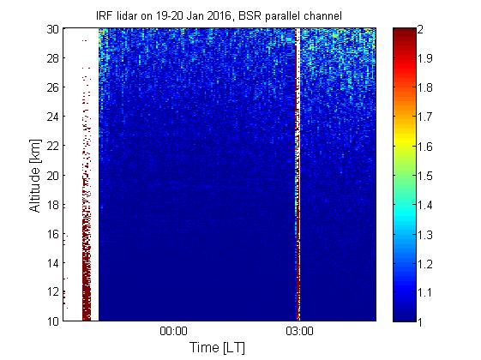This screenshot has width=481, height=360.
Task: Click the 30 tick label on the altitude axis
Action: click(x=53, y=29)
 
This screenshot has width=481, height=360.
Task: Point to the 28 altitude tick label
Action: click(x=53, y=58)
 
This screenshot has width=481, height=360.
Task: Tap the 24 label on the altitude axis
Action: click(x=53, y=117)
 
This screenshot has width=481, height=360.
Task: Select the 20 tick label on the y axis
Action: click(x=53, y=175)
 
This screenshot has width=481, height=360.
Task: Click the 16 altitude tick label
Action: click(x=53, y=234)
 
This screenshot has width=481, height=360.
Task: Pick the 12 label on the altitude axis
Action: click(x=53, y=291)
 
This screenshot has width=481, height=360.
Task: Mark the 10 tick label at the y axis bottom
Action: click(x=53, y=321)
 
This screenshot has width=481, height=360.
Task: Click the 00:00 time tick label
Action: click(x=174, y=332)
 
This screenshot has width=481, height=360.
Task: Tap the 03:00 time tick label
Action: click(x=300, y=332)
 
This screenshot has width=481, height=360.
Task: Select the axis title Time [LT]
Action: click(x=218, y=348)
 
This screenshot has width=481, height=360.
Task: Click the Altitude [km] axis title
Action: click(x=35, y=176)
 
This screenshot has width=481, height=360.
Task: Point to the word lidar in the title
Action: click(x=127, y=15)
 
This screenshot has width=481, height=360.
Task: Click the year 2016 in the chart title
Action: click(x=219, y=15)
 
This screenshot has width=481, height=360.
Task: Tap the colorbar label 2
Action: click(x=421, y=29)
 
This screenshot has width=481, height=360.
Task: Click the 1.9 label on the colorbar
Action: click(x=425, y=58)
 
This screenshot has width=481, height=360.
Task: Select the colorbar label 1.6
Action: click(x=425, y=147)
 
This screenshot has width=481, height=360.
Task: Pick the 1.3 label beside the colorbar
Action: click(x=425, y=235)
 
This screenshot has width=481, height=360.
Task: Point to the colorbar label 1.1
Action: click(x=425, y=292)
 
